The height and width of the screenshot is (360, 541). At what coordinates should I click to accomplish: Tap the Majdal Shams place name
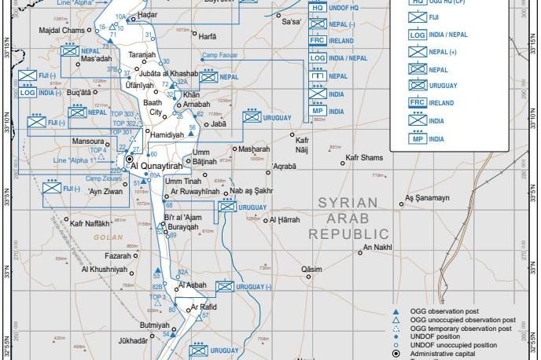click(61, 30)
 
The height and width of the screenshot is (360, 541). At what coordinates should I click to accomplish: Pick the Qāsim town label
click(311, 269)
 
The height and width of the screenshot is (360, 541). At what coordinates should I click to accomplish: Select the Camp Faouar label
click(220, 56)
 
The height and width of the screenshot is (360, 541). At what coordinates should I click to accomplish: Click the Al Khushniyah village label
click(104, 270)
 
